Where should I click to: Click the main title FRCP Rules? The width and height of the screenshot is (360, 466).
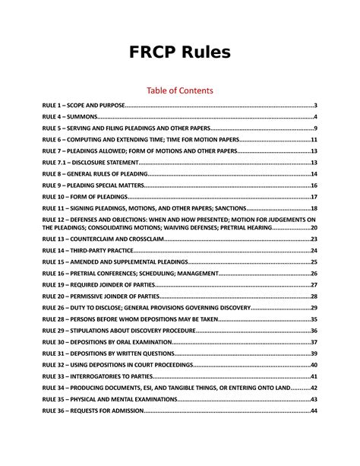[x=180, y=52]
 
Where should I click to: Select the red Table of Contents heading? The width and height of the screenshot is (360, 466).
[x=180, y=90]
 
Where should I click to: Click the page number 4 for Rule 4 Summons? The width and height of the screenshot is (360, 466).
[x=314, y=117]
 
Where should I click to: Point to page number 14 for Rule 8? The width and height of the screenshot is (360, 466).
[x=313, y=174]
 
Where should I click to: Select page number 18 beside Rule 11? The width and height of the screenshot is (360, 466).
[x=313, y=208]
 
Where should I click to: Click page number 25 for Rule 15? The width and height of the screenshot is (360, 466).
[x=313, y=262]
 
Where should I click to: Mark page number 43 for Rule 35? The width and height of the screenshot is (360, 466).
[x=313, y=399]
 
